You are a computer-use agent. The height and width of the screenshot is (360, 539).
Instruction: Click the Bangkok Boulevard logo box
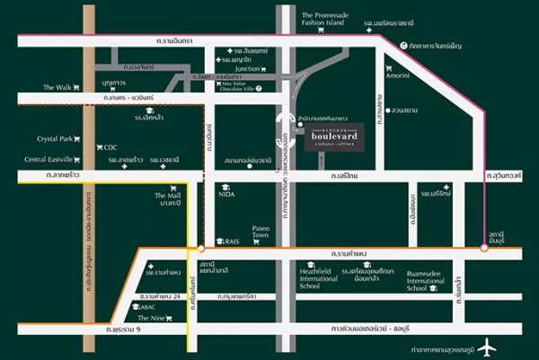click(340, 136)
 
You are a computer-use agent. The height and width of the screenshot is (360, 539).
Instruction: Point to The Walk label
click(56, 87)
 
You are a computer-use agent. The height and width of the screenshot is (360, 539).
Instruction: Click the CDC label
click(110, 147)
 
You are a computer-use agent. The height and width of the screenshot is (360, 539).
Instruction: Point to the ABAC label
click(147, 306)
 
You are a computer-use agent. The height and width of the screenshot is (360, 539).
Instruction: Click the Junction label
click(247, 68)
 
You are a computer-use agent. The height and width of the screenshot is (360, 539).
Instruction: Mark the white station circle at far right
click(484, 248)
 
